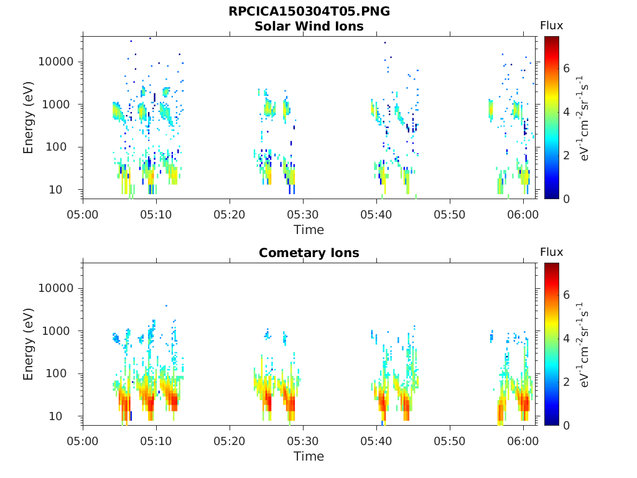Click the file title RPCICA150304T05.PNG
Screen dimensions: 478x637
[x=309, y=11]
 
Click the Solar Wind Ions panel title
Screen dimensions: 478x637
[x=309, y=26]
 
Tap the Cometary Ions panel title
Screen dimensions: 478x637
[x=309, y=253]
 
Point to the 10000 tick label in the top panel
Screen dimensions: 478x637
[x=56, y=62]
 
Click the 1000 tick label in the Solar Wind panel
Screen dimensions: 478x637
[x=60, y=105]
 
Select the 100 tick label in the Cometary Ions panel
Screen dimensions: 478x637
[x=63, y=373]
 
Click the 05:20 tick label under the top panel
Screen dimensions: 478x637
[x=230, y=214]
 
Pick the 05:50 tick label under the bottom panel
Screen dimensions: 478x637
[x=450, y=441]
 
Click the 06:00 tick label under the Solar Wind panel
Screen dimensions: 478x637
[x=523, y=214]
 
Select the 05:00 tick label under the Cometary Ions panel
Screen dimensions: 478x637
[x=83, y=441]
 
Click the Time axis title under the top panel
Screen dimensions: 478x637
[x=309, y=230]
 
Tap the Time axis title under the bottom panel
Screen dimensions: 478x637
[x=309, y=456]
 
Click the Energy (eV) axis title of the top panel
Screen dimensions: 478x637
[x=29, y=118]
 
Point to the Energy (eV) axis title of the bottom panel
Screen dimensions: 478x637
[x=29, y=344]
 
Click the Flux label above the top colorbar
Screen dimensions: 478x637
[x=551, y=26]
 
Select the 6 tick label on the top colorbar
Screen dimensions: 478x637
[x=567, y=68]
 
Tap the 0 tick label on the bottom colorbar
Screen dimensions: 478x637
[x=567, y=424]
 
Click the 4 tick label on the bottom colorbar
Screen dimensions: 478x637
[x=567, y=338]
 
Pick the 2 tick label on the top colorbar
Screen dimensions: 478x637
[x=567, y=155]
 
